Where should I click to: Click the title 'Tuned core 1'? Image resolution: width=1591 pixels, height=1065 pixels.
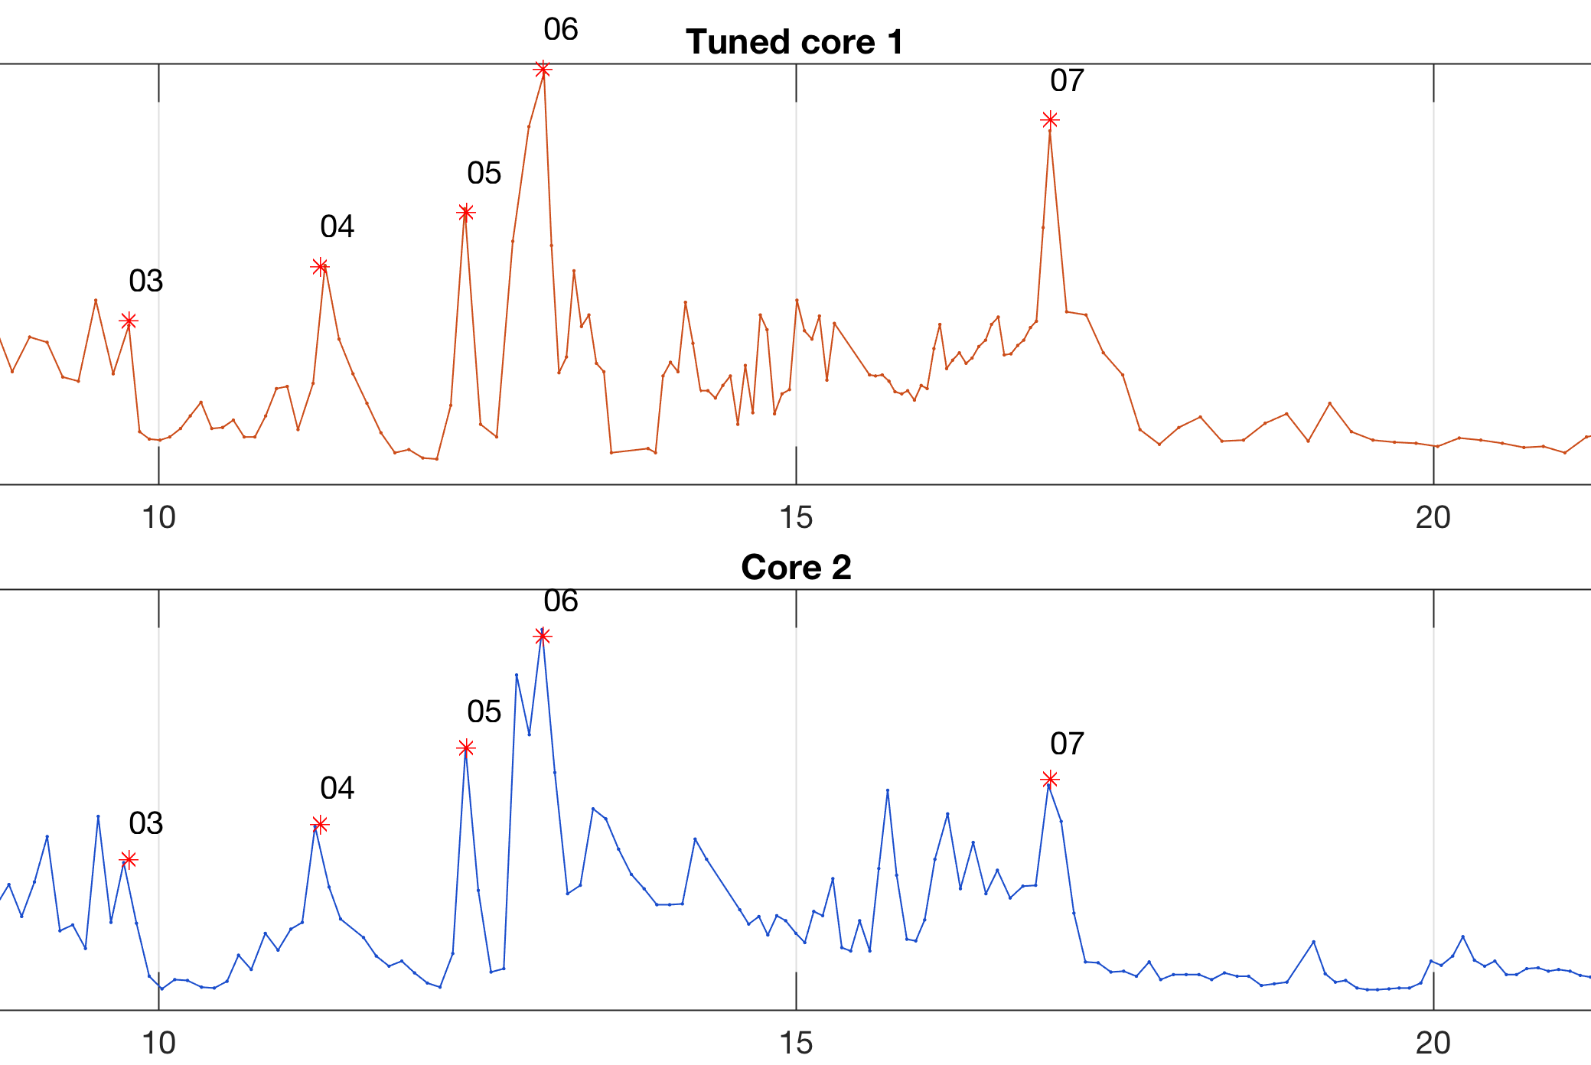click(x=794, y=42)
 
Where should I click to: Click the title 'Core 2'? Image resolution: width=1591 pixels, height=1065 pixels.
click(x=796, y=568)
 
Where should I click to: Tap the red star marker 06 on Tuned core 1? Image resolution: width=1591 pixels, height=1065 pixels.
click(x=543, y=70)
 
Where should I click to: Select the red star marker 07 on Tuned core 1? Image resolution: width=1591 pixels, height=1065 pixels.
click(x=1050, y=120)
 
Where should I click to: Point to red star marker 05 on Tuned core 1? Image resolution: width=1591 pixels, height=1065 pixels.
click(x=465, y=212)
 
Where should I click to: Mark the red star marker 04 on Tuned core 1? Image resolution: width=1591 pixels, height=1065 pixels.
click(x=320, y=267)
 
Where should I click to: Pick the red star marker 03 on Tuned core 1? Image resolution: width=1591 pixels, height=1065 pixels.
click(x=129, y=321)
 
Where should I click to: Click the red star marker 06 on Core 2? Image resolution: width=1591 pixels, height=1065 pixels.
click(x=543, y=636)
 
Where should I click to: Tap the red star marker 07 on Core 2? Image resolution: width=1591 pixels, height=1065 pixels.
click(x=1050, y=779)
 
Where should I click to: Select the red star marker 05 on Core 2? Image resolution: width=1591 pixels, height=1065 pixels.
click(x=465, y=747)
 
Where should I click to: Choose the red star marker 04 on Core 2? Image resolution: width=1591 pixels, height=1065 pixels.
click(x=320, y=824)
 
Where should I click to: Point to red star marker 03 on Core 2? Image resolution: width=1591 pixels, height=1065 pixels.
click(x=129, y=860)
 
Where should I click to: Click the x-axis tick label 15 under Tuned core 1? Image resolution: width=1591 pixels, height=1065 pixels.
click(x=796, y=518)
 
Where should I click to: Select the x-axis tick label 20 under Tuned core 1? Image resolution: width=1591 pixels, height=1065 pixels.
click(x=1433, y=518)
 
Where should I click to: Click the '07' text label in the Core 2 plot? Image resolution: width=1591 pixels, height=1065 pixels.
click(x=1067, y=744)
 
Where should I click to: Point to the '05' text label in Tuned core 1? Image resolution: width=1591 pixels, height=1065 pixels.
click(x=484, y=174)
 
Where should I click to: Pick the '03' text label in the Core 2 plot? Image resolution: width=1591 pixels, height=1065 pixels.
click(x=145, y=824)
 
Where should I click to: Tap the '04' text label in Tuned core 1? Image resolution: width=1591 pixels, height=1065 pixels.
click(x=337, y=227)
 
